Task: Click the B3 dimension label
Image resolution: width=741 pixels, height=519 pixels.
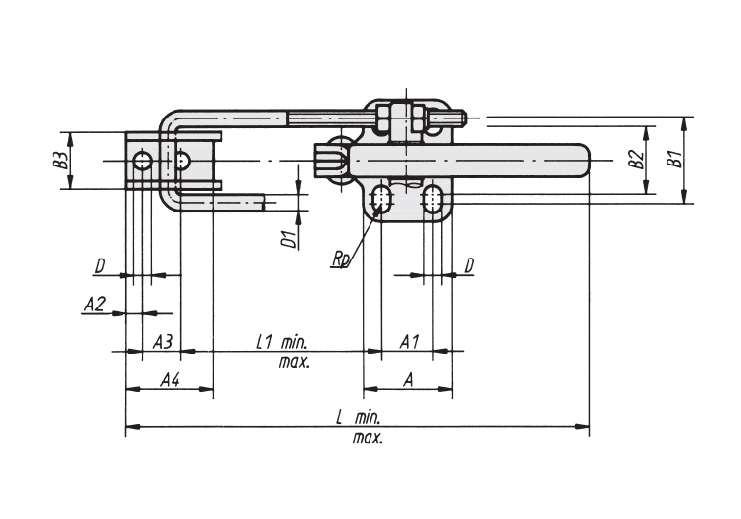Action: (60, 161)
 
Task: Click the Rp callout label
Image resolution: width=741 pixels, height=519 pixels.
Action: (341, 259)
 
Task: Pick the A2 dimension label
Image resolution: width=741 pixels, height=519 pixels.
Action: (94, 305)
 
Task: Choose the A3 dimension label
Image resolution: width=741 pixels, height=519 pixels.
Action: (163, 341)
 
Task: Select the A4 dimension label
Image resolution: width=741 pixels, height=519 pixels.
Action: (171, 379)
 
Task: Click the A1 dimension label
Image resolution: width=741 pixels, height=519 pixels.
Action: (410, 341)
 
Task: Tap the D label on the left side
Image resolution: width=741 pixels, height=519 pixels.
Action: (100, 266)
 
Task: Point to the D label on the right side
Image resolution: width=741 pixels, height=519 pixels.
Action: (469, 266)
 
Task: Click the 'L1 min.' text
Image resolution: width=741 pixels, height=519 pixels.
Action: (281, 342)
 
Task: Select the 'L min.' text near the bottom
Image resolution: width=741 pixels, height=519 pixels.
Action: (358, 417)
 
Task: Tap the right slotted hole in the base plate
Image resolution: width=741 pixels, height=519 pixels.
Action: (432, 199)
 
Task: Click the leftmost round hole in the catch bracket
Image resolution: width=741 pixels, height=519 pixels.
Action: (142, 161)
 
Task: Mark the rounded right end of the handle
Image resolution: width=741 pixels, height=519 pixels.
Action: (584, 160)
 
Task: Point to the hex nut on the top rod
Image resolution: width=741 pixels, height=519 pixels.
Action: (401, 118)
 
